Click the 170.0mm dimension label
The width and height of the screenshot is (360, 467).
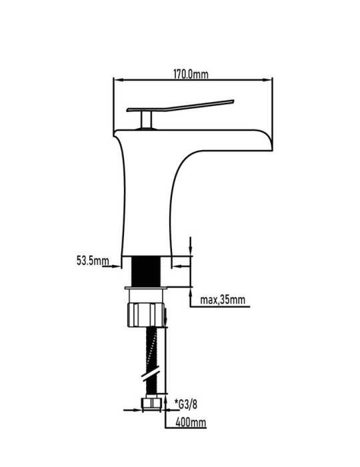coord(191,74)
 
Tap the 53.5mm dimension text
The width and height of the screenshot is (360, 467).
coord(93,261)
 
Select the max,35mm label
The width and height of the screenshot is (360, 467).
coord(223,300)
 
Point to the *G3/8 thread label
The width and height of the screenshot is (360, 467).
coord(186,404)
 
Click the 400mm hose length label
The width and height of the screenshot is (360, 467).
coord(191,422)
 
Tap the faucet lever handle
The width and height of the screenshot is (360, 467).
coord(180,105)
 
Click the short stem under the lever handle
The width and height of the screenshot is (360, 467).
coord(147,119)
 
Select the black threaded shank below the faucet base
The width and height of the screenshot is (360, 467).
coord(146,272)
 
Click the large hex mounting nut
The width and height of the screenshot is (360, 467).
coord(146,315)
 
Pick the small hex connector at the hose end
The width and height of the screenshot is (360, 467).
coord(151,404)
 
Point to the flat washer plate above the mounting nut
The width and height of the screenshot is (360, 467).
coord(146,288)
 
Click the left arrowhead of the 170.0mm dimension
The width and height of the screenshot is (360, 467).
coord(118,80)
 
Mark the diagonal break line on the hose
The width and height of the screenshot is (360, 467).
coord(151,373)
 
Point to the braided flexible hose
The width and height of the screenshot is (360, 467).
coord(152,361)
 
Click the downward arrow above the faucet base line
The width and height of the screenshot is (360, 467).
coord(191,246)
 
